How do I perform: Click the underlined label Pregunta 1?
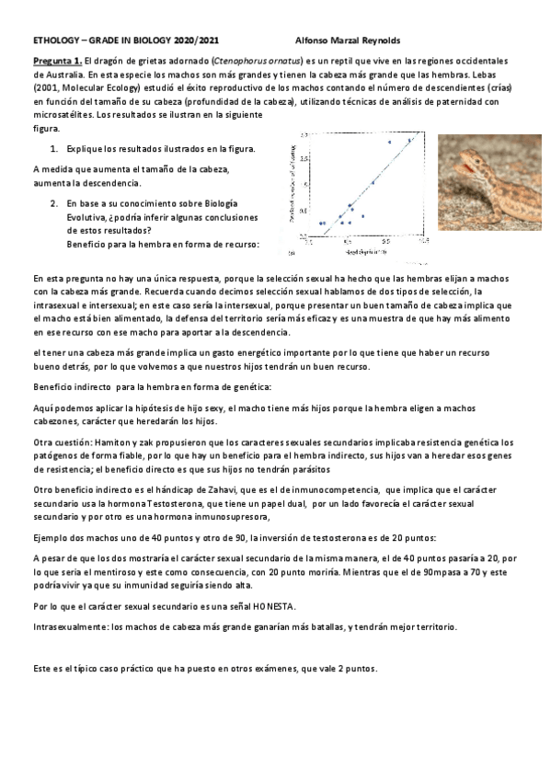click(x=55, y=58)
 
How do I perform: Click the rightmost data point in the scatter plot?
click(x=410, y=140)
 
